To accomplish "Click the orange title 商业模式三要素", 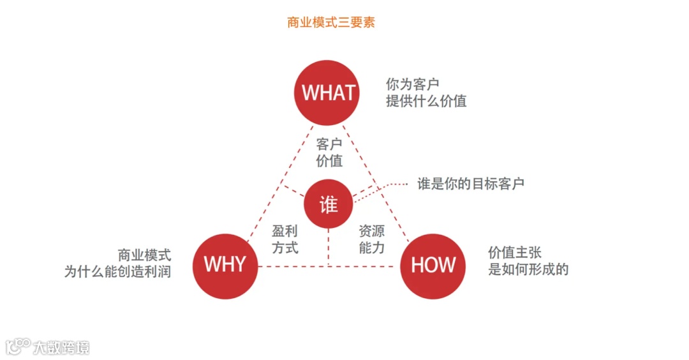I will [331, 22].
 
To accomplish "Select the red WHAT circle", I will [328, 93].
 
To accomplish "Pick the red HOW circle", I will [433, 266].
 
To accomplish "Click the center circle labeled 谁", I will [329, 204].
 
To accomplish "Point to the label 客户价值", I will [329, 153].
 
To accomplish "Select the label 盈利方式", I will [285, 239].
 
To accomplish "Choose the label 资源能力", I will [372, 239].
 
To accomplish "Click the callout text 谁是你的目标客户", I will [471, 184].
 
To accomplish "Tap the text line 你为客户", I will [412, 84].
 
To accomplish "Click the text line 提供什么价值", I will [426, 101].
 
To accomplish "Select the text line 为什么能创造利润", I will [118, 271].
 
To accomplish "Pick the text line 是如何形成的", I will [528, 269].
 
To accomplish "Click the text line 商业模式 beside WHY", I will [144, 254].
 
